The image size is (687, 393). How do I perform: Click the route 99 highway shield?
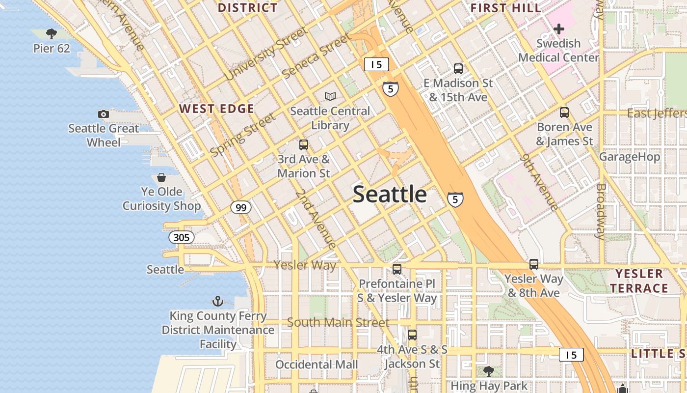pos(241,208)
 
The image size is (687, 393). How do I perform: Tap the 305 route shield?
pos(182,238)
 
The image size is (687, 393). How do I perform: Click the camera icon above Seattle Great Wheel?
pos(104,114)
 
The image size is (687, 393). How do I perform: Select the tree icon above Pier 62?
pos(51,34)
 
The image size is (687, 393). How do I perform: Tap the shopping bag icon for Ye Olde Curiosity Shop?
pos(161,177)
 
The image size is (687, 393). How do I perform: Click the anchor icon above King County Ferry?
pos(217,301)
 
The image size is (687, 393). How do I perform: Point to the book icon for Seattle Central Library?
pos(330,97)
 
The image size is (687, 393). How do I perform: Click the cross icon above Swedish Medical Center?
pos(558,29)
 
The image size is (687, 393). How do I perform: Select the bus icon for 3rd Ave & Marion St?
pos(304,145)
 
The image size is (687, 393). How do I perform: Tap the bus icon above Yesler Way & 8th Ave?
pos(534,264)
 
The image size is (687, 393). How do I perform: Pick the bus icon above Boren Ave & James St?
pos(564,112)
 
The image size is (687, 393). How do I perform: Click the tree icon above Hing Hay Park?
pos(488,371)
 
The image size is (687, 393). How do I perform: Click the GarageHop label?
pos(630,157)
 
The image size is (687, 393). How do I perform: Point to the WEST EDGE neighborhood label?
pos(217,109)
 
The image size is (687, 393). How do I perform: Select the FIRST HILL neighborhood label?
pos(506,8)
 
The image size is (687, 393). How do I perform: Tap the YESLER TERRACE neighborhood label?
pos(639,281)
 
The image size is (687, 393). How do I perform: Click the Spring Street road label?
pos(243,136)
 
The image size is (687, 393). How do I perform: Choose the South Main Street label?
pos(338,323)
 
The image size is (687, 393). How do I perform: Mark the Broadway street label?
pos(601,211)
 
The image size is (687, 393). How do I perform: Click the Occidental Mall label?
pos(317,365)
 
